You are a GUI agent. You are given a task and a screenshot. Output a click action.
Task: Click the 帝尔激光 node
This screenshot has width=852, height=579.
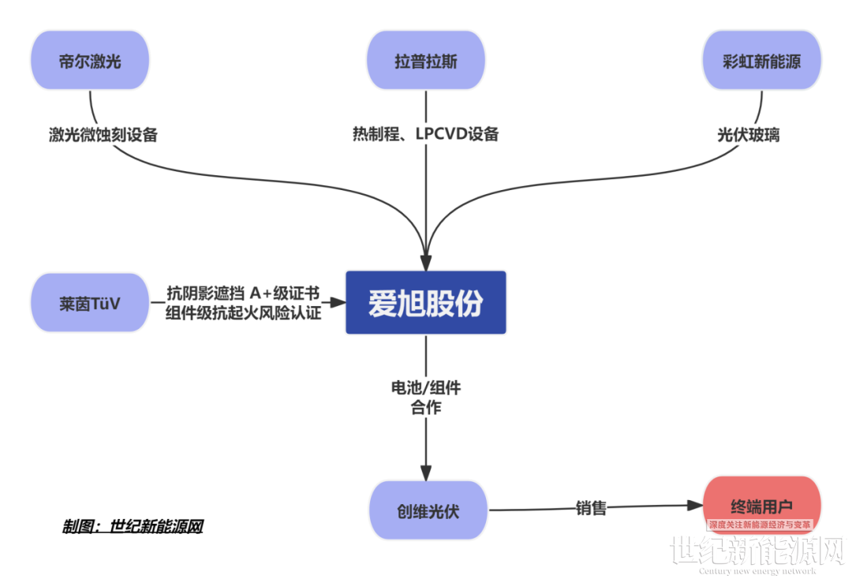coord(90,62)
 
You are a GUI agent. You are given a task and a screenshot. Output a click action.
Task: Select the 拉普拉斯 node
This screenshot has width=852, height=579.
coord(426,62)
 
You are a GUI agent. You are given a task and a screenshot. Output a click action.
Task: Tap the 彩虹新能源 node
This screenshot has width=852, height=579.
coord(761,62)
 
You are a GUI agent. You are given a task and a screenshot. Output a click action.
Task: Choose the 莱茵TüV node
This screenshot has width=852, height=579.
coord(90,302)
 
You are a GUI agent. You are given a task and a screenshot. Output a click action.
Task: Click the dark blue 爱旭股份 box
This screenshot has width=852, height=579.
coord(426,303)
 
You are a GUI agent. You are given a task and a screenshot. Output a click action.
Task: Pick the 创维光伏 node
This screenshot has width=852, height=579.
coord(427,510)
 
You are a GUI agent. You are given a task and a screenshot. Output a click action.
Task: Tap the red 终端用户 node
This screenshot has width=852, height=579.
coord(761,504)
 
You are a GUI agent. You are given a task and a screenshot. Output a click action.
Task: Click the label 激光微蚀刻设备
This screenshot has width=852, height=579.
coord(103,135)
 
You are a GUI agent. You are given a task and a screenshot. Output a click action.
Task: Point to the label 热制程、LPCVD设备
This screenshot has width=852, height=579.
coord(426,134)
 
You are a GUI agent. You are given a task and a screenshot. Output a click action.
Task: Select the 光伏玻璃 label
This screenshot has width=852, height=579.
coord(749,135)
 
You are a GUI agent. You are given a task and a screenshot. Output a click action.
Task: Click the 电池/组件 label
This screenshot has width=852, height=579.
coord(426,388)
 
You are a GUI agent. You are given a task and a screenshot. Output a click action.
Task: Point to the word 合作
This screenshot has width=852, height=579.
coord(426,408)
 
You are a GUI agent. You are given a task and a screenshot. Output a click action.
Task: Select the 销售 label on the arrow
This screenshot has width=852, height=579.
coord(591,508)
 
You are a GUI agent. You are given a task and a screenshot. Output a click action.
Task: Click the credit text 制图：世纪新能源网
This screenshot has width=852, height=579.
coord(133,526)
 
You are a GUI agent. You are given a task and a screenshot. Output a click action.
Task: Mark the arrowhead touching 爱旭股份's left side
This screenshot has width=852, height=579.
coord(338,302)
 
